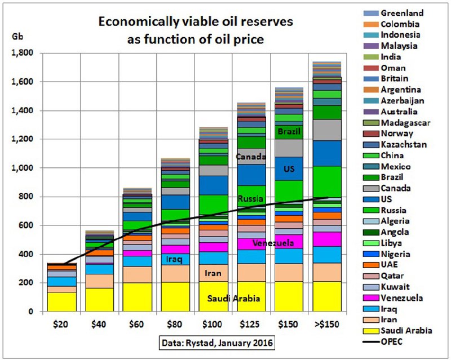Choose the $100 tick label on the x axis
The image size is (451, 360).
pos(211,325)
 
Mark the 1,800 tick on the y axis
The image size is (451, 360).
pos(22,53)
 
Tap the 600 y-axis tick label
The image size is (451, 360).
pos(26,226)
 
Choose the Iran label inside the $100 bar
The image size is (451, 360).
pos(211,274)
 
